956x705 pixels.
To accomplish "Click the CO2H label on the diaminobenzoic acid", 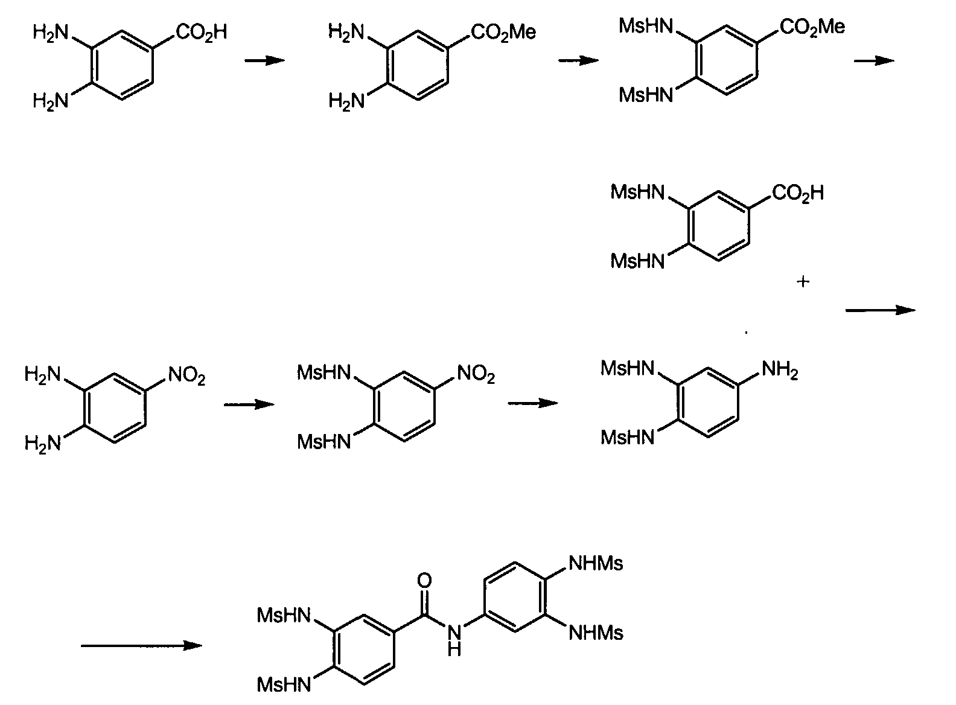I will pos(201,31).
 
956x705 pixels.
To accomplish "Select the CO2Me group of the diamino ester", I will pos(503,32).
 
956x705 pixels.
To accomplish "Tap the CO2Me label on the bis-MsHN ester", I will pos(812,27).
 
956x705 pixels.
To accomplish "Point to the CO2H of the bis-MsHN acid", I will pos(797,194).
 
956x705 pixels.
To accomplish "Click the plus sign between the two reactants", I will pos(802,281).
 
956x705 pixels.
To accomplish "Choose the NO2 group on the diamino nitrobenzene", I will pos(186,377).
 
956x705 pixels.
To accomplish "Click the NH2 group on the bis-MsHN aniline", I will pos(780,369).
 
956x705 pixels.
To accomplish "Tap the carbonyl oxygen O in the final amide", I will pos(424,581).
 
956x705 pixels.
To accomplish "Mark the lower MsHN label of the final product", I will pos(284,684).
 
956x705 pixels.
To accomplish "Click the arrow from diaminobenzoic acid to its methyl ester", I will pos(264,60).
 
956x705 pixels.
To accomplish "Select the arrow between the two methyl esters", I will pos(578,60).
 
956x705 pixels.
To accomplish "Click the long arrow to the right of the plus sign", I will pos(880,310).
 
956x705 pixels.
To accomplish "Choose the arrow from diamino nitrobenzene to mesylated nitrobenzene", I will pos(249,404).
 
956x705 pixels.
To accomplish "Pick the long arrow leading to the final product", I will pos(141,646).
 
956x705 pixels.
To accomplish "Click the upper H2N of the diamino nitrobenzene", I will pos(43,375).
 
